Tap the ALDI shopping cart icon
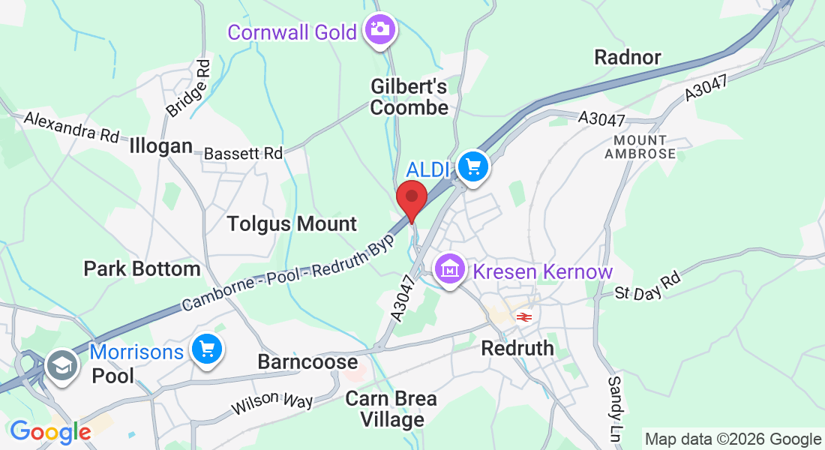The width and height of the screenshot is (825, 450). (473, 166)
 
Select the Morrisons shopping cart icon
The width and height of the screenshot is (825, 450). (206, 349)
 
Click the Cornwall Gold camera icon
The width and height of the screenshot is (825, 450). (380, 29)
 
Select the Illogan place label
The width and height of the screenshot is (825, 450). (160, 145)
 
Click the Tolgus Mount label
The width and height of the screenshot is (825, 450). (292, 223)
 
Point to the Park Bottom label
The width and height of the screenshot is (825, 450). (142, 268)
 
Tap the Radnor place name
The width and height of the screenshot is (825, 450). (627, 57)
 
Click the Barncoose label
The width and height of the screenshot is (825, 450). (307, 361)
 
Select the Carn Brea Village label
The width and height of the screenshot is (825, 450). (391, 409)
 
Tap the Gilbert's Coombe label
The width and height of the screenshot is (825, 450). (409, 97)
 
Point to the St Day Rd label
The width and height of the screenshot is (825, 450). (646, 285)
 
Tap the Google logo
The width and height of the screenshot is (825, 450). (50, 432)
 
